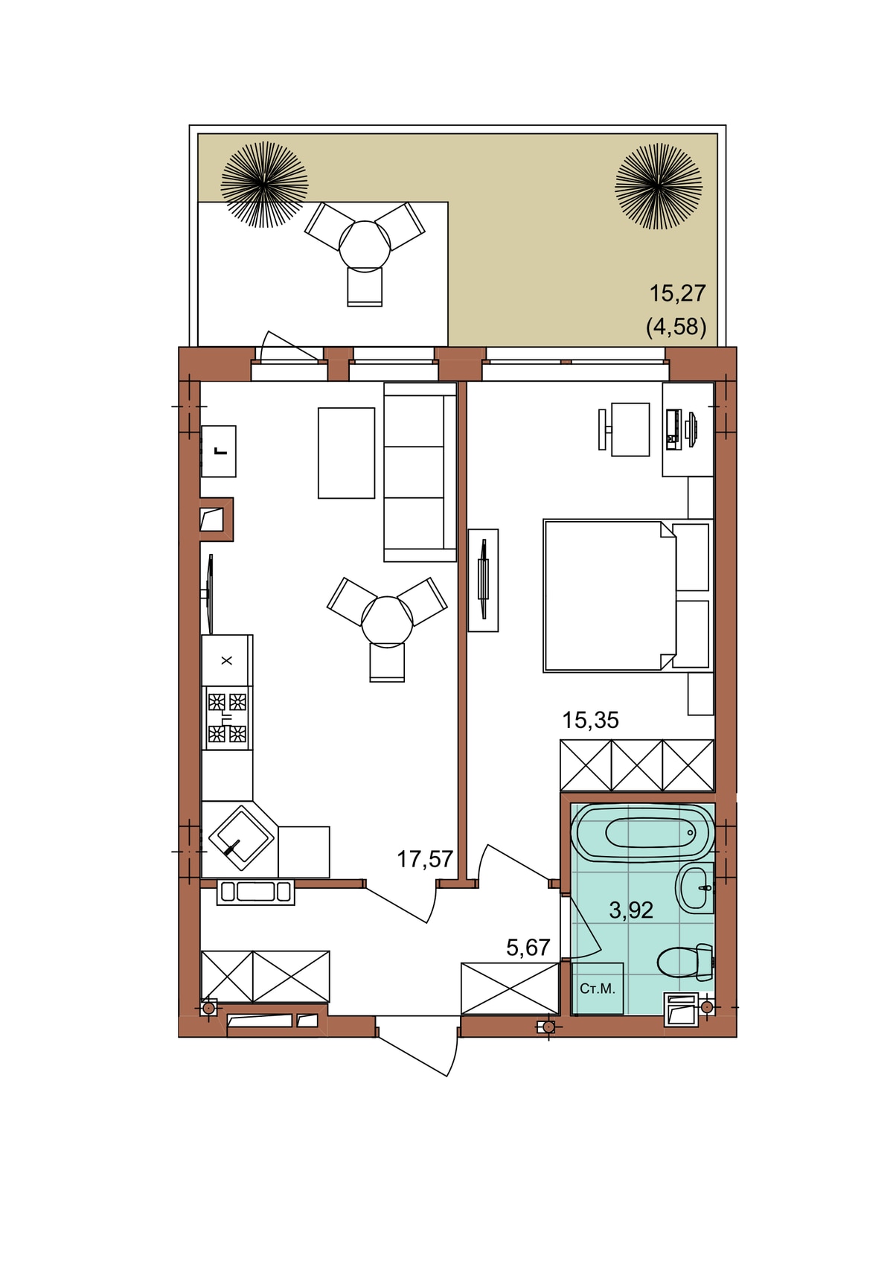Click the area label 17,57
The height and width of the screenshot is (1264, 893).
coord(425,859)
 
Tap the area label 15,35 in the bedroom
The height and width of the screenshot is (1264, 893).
coord(591,720)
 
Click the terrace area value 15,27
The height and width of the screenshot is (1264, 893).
coord(677,293)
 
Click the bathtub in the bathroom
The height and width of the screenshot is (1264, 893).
coord(642,832)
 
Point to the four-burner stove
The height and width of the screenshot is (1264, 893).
coord(227,718)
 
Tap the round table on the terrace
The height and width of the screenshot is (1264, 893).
coord(365,246)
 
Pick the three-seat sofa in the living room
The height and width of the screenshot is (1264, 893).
coord(420,472)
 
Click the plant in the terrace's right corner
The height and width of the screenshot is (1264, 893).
coord(659,185)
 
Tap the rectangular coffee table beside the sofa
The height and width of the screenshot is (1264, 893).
coord(346,453)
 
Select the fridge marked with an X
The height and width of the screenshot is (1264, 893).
coord(227,660)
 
